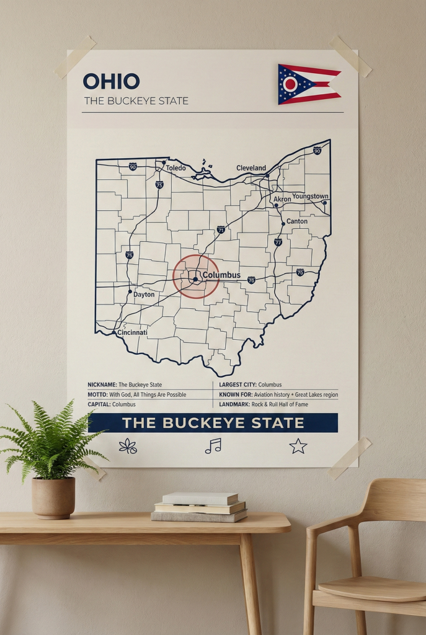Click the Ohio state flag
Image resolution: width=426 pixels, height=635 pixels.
[308, 84]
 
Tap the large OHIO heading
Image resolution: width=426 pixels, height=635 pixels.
[111, 81]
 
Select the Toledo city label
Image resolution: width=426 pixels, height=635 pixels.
[175, 168]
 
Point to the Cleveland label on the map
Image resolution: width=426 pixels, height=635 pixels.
[251, 168]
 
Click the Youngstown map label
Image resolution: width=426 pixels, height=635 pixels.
[310, 197]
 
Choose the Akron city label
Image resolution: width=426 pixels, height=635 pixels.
[282, 200]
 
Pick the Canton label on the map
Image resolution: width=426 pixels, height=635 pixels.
[297, 221]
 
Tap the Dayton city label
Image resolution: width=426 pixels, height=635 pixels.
[144, 295]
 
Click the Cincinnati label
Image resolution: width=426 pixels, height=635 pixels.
[133, 333]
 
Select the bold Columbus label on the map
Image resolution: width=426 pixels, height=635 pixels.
[221, 275]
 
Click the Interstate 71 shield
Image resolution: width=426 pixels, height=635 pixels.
[221, 230]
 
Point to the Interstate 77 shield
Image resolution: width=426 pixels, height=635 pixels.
[278, 242]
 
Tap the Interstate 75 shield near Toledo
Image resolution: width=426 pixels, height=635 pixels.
[159, 185]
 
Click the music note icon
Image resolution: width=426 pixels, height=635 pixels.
[213, 445]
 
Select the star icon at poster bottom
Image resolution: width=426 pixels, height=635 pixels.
[298, 445]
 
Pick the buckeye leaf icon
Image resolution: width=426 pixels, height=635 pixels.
[128, 446]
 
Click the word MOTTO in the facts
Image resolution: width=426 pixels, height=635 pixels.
[97, 394]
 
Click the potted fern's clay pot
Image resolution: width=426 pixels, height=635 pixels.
[53, 497]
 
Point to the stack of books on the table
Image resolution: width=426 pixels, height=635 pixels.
[199, 507]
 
